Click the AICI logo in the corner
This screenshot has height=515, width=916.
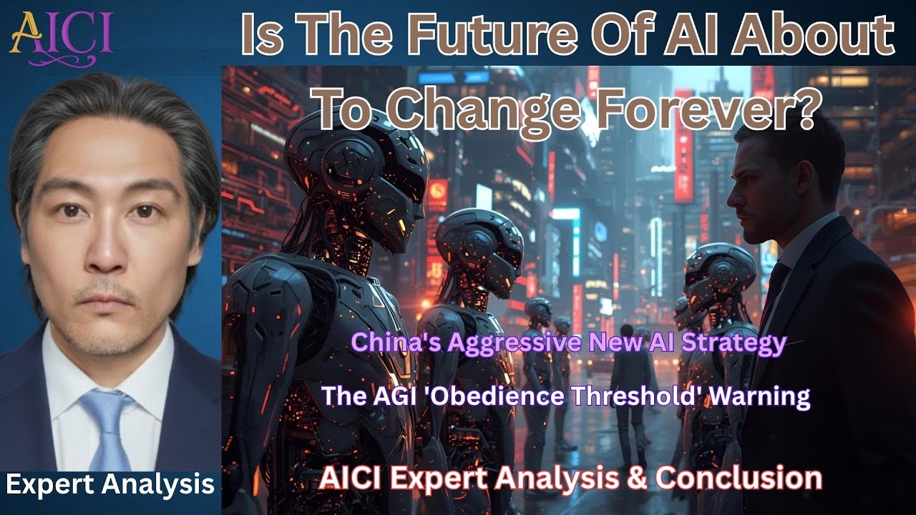[60, 33]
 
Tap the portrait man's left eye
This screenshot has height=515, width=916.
[143, 211]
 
